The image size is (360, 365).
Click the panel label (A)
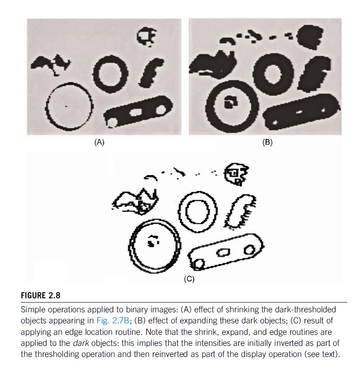pos(99,142)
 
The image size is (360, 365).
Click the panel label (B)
pos(267,142)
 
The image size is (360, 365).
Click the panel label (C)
pos(189,279)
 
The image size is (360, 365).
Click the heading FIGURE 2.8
pos(40,295)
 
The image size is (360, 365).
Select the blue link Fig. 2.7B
pos(113,320)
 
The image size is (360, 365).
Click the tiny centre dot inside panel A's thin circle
pos(66,106)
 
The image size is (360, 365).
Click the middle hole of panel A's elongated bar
pos(136,113)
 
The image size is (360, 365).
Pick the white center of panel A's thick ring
pos(110,74)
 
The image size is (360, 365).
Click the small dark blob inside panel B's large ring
pos(231,102)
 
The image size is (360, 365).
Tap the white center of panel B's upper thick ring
pos(273,74)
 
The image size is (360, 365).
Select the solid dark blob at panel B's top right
pos(310,37)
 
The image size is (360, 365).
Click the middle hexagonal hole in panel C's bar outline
pos(224,252)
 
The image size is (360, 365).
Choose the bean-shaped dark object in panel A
pos(151,73)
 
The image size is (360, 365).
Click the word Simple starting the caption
pos(33,310)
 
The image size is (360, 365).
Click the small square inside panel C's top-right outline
pos(234,173)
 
